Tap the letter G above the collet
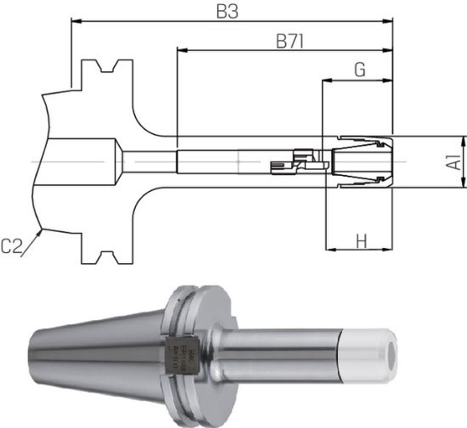tap(359, 70)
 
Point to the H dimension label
tap(361, 241)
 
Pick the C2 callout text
tap(12, 246)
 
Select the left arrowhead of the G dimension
tap(326, 82)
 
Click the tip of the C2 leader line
tap(40, 228)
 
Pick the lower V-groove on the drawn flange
tap(107, 255)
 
